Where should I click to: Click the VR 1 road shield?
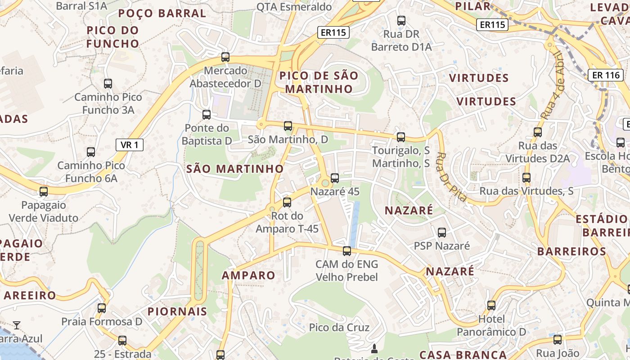130,145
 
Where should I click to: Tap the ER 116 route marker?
606,75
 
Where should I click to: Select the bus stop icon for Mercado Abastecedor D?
225,57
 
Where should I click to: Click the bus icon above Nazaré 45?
334,178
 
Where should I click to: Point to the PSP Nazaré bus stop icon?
442,233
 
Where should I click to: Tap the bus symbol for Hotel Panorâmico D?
491,306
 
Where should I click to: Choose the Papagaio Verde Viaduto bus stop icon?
44,192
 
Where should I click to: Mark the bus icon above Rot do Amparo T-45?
287,202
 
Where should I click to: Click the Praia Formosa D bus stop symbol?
102,308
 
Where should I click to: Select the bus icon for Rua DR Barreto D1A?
401,21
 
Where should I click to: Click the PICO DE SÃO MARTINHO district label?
319,82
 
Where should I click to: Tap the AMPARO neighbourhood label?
248,275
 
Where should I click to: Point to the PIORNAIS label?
177,311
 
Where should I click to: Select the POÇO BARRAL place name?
162,13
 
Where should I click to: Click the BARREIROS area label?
572,251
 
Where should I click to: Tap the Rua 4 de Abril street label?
552,85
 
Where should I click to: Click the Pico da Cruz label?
339,327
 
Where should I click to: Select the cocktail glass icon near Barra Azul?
17,325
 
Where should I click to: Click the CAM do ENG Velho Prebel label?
346,270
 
